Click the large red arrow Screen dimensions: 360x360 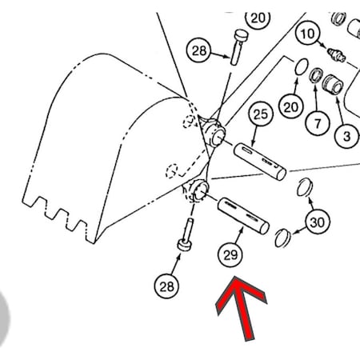[x=241, y=306]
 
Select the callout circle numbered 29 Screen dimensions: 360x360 [x=230, y=255]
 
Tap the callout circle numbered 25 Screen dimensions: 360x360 [x=261, y=114]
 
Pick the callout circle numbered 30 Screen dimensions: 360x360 [x=318, y=222]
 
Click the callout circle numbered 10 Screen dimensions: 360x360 [x=307, y=34]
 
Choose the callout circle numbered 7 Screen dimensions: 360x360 [x=317, y=123]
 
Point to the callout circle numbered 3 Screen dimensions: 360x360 [x=346, y=136]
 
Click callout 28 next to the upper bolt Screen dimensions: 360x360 [x=199, y=50]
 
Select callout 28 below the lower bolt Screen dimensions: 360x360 [x=166, y=286]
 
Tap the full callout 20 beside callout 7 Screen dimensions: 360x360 [x=290, y=106]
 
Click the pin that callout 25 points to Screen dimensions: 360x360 [x=260, y=162]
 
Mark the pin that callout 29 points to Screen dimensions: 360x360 [x=243, y=216]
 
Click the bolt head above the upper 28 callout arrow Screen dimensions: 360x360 [x=242, y=35]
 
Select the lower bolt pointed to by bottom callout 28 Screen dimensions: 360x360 [x=186, y=234]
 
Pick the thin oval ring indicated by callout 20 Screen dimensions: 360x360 [x=302, y=66]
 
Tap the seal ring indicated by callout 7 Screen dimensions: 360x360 [x=316, y=75]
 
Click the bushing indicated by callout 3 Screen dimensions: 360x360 [x=333, y=84]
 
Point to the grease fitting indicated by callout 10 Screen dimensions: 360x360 [x=337, y=55]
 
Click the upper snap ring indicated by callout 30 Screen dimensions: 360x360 [x=305, y=187]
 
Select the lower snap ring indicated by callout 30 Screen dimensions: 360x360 [x=282, y=238]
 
